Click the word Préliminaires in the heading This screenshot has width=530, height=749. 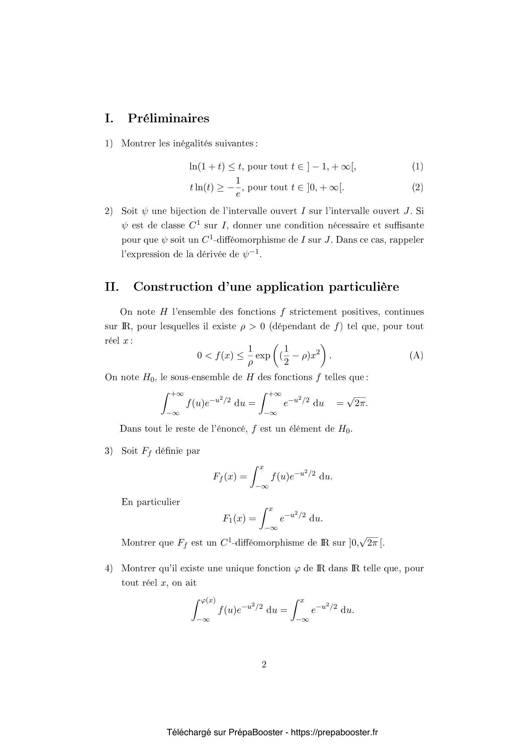[169, 118]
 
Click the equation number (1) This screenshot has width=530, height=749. [418, 167]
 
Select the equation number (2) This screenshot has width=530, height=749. [418, 187]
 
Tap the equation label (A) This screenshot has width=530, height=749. [416, 355]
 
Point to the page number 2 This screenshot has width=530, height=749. [264, 664]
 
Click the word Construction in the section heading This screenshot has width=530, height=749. [173, 287]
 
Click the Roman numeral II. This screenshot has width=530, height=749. [111, 287]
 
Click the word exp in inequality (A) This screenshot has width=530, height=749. [263, 355]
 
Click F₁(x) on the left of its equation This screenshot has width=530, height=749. [234, 518]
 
